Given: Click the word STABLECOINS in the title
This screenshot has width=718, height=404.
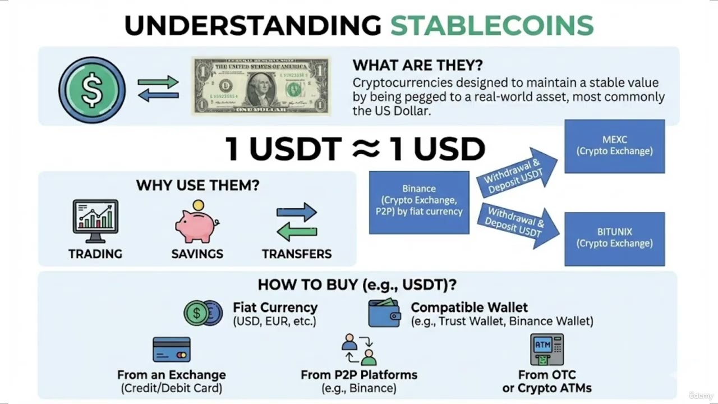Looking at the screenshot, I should click(491, 26).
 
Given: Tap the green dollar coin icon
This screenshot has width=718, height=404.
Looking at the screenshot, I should click(92, 90).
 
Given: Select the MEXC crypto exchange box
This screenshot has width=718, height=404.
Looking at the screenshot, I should click(615, 146).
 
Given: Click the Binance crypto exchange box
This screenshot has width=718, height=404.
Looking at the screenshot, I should click(419, 202).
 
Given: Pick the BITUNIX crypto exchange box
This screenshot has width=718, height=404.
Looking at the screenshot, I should click(615, 238).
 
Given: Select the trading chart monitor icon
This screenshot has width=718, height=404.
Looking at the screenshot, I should click(95, 217).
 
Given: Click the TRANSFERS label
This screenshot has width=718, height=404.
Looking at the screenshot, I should click(297, 254).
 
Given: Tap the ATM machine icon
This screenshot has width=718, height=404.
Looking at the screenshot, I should click(546, 349).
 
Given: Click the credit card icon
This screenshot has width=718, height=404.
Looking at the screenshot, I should click(172, 350).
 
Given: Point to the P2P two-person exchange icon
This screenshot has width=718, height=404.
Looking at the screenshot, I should click(359, 349).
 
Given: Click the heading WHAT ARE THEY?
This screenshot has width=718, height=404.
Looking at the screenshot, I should click(418, 65).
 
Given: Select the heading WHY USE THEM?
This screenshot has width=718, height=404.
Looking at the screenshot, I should click(197, 185).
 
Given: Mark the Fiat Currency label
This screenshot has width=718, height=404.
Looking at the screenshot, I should click(275, 307).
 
